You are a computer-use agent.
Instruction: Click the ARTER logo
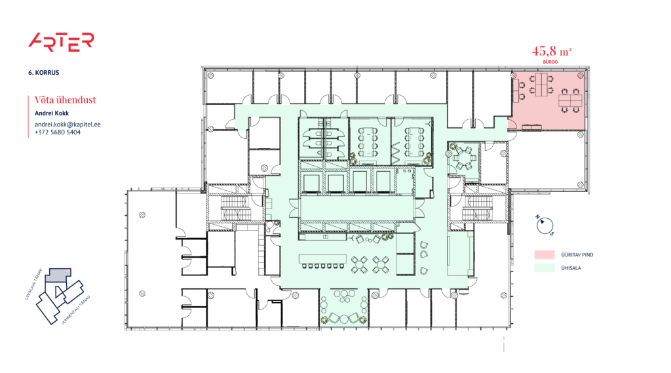click(x=61, y=41)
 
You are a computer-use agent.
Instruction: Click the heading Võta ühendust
click(x=66, y=100)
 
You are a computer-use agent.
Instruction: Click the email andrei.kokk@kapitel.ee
click(x=67, y=124)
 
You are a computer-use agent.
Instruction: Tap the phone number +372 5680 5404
click(x=58, y=132)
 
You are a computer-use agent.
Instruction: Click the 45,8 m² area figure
click(x=552, y=50)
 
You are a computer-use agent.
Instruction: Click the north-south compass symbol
click(x=544, y=225)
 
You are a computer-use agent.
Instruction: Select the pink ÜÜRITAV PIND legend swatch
click(x=545, y=254)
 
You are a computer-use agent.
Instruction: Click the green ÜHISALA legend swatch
click(x=545, y=267)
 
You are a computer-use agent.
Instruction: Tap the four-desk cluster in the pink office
click(x=539, y=90)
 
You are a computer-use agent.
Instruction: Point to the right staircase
click(x=476, y=210)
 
